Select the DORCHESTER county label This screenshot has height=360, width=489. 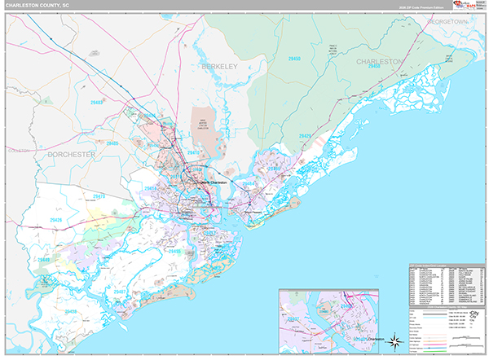[x=73, y=154]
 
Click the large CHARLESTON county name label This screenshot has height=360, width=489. [x=379, y=61]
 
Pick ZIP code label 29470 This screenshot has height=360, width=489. [x=98, y=196]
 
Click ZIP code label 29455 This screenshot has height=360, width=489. [x=174, y=252]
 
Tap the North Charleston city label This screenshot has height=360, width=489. [x=213, y=182]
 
